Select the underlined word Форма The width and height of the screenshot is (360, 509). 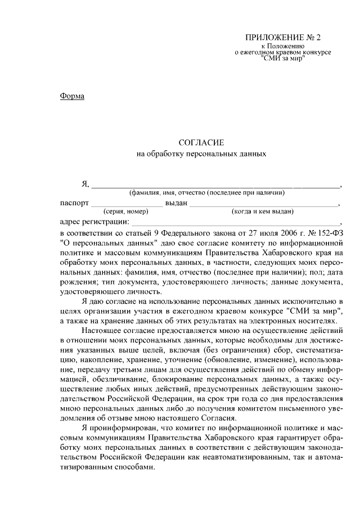pos(72,96)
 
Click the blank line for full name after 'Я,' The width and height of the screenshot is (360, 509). pos(216,183)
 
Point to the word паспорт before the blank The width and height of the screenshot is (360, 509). pos(74,202)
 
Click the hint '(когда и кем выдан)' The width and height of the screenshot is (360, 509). pos(263,212)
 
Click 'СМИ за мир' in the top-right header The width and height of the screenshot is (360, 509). pos(283,58)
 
